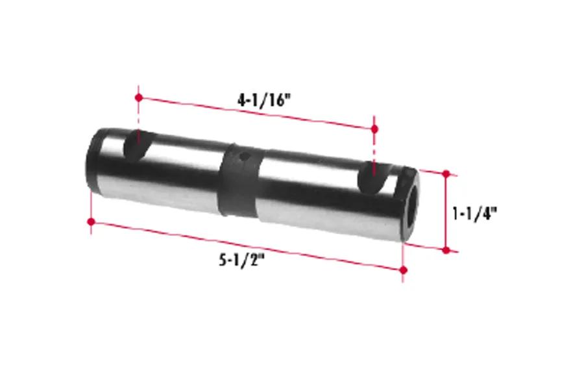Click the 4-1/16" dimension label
[263, 100]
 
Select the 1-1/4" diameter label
[474, 214]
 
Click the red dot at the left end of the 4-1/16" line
[139, 97]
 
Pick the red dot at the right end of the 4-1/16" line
[374, 129]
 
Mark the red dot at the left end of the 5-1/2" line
[91, 222]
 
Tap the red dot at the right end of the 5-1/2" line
[403, 270]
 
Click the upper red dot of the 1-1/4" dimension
[446, 173]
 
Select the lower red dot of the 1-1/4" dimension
[446, 251]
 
